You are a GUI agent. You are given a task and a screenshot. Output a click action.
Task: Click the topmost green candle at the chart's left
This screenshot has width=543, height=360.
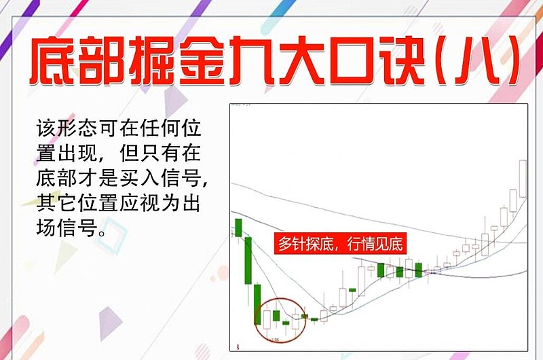238,228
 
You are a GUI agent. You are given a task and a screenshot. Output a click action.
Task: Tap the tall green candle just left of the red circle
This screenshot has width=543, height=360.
258,304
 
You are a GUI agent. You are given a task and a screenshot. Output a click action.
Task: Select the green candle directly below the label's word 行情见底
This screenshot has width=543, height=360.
381,270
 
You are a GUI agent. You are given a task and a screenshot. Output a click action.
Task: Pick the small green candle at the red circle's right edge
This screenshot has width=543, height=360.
304,316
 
